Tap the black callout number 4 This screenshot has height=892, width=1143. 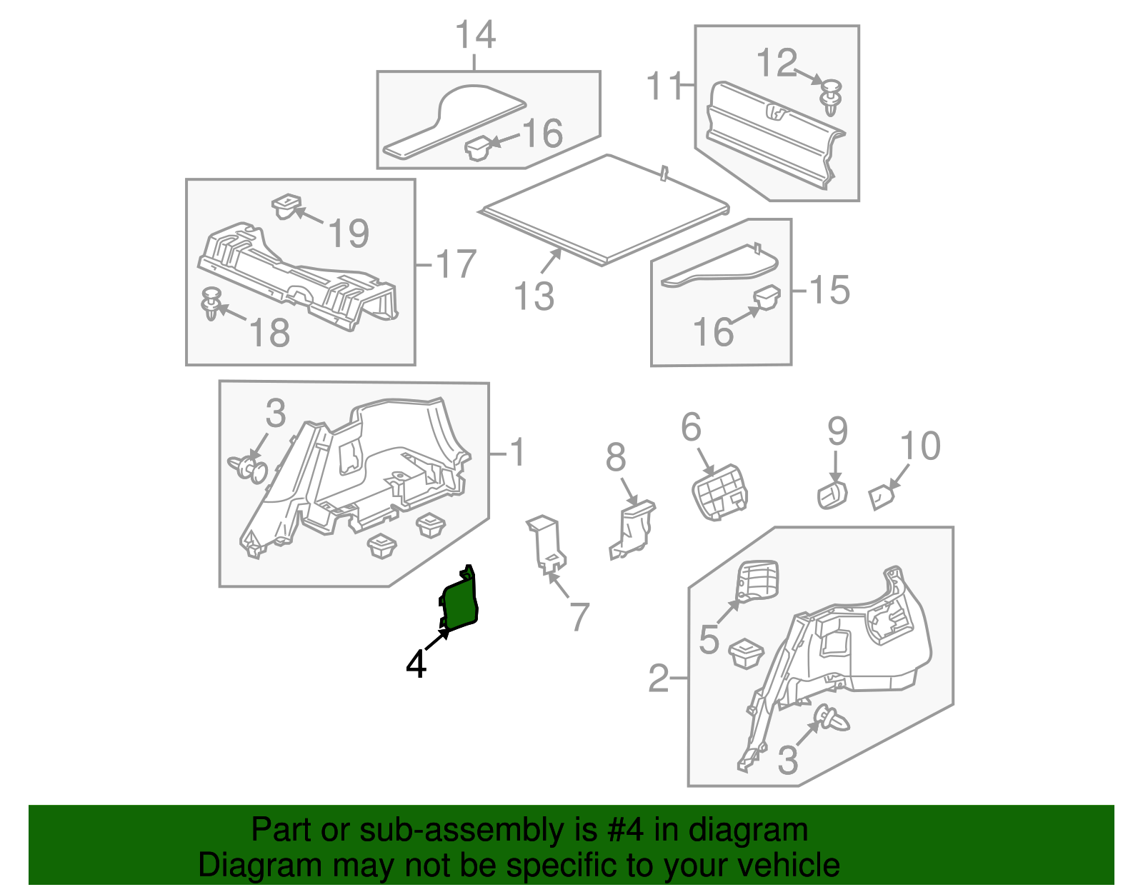click(x=416, y=664)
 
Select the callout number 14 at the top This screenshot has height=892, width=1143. click(x=475, y=35)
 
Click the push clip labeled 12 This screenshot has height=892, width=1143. click(x=831, y=97)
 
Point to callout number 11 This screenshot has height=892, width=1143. click(x=664, y=86)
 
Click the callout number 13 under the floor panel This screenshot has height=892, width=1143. click(x=534, y=296)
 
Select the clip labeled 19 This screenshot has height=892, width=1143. click(x=286, y=206)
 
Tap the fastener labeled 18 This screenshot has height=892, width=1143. click(x=211, y=304)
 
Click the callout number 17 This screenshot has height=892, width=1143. click(x=455, y=264)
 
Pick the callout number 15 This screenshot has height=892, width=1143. click(x=829, y=290)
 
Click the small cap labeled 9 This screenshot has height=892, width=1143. click(x=832, y=494)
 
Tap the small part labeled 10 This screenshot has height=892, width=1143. click(x=882, y=496)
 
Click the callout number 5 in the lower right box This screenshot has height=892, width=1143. click(x=709, y=638)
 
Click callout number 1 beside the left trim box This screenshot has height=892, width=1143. click(x=518, y=452)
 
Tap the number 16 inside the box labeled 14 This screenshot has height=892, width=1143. click(x=542, y=134)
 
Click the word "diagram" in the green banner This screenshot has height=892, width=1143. click(x=748, y=830)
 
